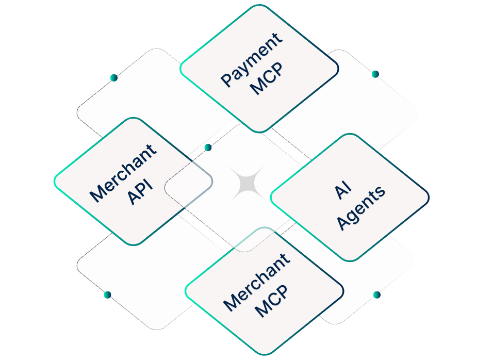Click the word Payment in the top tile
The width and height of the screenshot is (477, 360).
click(x=252, y=59)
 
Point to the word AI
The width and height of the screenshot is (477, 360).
click(x=342, y=191)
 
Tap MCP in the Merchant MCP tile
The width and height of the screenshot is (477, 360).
click(x=271, y=301)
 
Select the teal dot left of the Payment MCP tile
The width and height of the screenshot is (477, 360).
click(x=113, y=78)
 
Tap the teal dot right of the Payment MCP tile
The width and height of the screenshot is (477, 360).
click(x=375, y=74)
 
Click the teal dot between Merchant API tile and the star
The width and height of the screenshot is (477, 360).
click(x=208, y=148)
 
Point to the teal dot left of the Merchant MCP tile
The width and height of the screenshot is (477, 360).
click(x=107, y=295)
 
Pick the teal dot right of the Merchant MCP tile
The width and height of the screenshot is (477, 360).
click(x=376, y=295)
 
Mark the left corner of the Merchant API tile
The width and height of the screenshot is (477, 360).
click(x=55, y=180)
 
